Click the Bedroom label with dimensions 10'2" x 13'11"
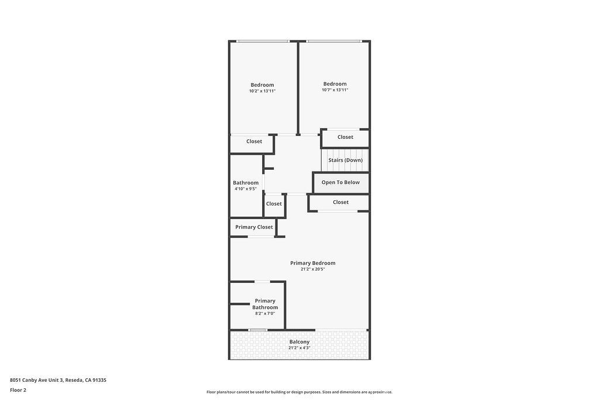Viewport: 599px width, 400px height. coord(262,85)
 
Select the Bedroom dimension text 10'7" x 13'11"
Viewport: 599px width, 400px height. coord(335,90)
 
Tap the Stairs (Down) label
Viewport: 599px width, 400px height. coord(345,160)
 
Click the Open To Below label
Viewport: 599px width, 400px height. coord(340,182)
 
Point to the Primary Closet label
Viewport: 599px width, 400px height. coord(254,227)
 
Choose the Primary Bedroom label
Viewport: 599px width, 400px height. coord(312,263)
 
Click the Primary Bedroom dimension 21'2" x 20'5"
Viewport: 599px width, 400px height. coord(312,269)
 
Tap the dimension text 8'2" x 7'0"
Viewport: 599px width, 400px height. coord(265,313)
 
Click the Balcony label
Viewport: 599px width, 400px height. coord(299,341)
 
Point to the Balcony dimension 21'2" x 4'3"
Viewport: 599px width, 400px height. coord(299,348)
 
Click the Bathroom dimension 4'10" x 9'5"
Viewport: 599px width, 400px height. coord(246,189)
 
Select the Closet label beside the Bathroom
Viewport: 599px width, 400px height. coord(274,204)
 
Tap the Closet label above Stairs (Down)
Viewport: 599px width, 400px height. coord(345,137)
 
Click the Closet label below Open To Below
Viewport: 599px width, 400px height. coord(340,202)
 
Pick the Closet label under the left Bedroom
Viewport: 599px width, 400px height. coord(254,141)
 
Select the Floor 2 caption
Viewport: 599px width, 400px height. coord(18,390)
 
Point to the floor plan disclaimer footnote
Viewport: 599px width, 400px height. coord(299,392)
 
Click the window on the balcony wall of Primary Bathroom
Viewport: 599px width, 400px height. coord(258,330)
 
